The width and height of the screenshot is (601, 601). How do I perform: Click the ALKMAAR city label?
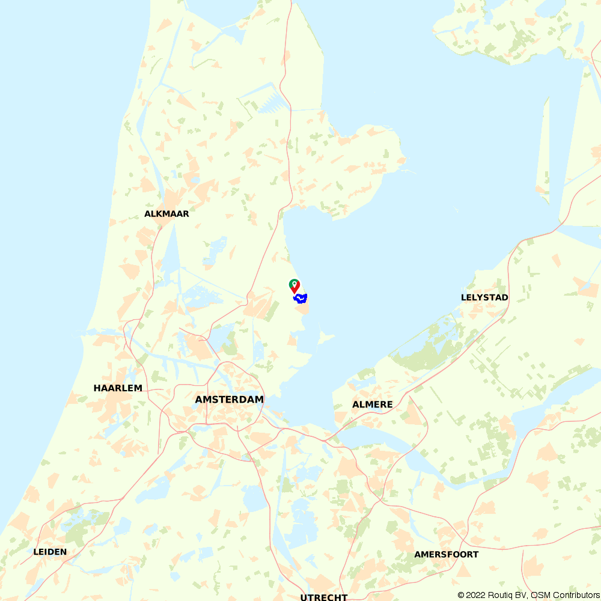166,214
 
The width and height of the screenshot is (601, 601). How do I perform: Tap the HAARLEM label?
118,388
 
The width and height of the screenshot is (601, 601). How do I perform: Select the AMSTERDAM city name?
229,400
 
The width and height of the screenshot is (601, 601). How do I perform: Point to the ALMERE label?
372,404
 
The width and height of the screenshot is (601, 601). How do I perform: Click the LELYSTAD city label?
484,297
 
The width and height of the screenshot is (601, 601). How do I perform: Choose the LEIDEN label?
50,552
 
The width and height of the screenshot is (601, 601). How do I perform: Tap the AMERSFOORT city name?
446,554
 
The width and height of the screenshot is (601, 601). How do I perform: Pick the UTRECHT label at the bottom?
324,597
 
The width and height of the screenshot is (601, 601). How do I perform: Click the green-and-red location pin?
294,285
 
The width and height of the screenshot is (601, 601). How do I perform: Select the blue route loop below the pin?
300,297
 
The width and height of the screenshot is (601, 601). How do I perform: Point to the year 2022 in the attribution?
478,595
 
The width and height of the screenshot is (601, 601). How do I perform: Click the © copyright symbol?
462,595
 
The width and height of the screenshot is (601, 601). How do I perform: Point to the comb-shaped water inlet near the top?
272,101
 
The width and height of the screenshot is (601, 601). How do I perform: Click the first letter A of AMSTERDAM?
199,400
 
